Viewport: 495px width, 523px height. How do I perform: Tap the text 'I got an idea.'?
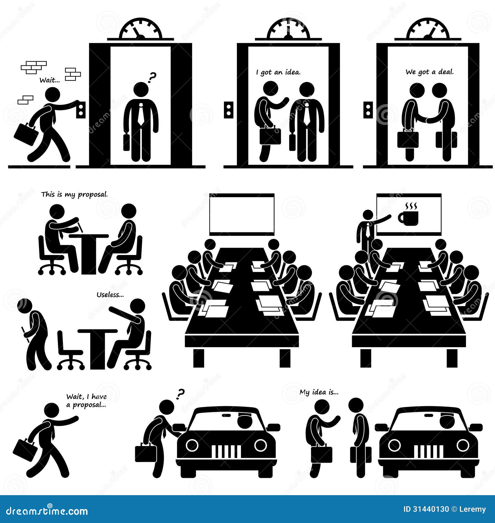278,72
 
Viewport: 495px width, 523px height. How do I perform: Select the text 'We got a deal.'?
429,72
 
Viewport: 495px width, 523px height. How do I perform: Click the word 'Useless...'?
110,295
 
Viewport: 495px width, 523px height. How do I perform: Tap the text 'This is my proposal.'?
75,194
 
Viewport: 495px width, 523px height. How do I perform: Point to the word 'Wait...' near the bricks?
49,80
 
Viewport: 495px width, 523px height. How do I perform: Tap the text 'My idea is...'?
319,392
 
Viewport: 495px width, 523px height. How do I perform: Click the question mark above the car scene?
180,393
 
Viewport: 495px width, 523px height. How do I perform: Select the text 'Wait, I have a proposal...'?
86,400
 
